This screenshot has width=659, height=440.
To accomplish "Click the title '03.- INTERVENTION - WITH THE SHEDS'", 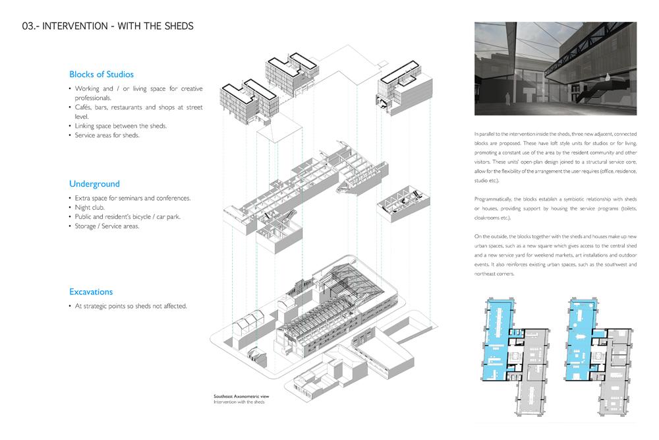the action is (x=107, y=26).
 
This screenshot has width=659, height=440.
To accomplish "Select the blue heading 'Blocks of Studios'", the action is (x=101, y=75).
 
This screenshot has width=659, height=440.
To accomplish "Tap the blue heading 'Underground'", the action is (x=94, y=184).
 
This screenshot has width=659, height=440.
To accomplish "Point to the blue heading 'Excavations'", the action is (x=91, y=292).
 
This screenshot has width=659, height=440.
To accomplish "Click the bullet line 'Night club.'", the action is (x=90, y=207).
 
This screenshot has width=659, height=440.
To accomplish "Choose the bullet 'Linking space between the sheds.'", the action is (x=121, y=126).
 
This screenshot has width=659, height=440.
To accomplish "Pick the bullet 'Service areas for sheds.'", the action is (x=107, y=135).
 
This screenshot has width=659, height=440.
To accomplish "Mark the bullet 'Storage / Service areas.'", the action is (x=107, y=226).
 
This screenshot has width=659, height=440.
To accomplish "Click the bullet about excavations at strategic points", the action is (x=130, y=306).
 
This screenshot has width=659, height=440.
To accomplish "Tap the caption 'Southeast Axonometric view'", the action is (x=241, y=396).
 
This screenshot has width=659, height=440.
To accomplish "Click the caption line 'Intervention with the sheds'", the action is (x=239, y=402).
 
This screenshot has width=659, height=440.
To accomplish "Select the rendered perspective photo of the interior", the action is (x=555, y=69).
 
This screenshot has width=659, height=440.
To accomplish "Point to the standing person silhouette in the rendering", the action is (x=507, y=99).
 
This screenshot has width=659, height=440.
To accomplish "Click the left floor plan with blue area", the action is (x=515, y=357).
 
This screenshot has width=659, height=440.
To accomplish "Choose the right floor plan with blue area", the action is (x=598, y=357).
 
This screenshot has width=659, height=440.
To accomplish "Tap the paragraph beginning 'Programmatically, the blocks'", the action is (x=555, y=208).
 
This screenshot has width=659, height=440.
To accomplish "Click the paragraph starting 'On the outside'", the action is (x=555, y=255).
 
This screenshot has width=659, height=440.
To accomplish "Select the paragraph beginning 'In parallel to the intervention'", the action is (x=555, y=157).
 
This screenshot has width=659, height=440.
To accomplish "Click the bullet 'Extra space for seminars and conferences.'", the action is (x=132, y=198).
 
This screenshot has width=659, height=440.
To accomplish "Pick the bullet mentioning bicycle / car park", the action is (x=127, y=216).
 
